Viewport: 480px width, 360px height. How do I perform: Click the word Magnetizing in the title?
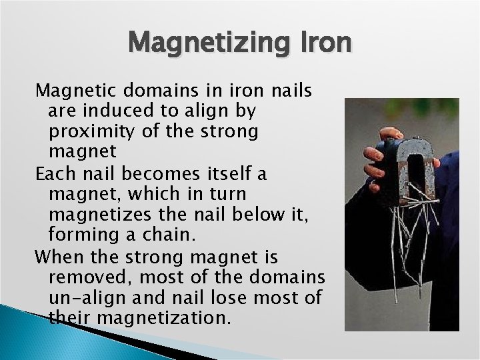coord(207,43)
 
